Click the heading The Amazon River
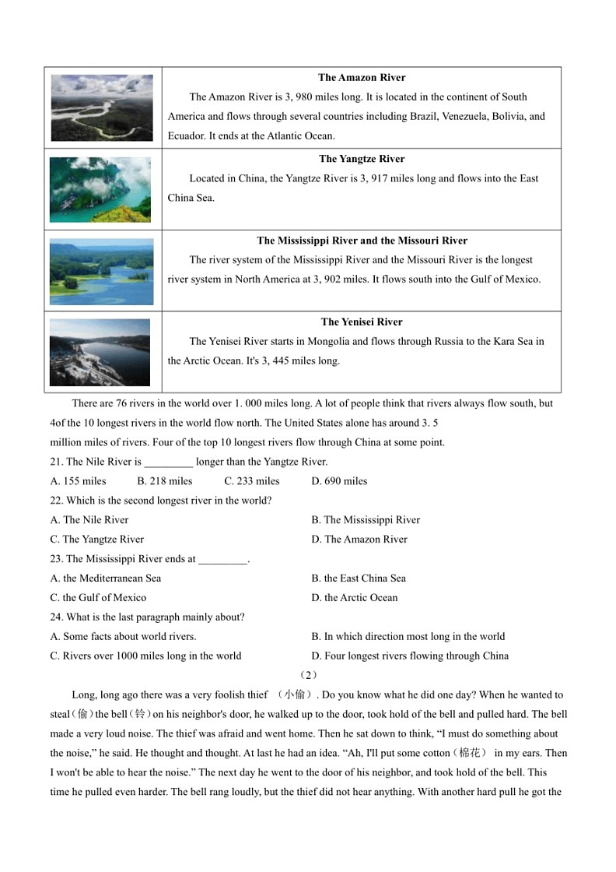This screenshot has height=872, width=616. tap(362, 78)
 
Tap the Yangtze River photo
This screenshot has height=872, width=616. tap(100, 189)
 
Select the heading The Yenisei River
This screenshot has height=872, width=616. tap(362, 322)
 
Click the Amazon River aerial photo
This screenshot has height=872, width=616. tap(102, 107)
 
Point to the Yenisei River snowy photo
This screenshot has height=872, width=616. tap(100, 352)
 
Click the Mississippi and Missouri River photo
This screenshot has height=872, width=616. tap(102, 272)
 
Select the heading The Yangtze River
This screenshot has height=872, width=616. tap(362, 160)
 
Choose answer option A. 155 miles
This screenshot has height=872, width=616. tap(78, 481)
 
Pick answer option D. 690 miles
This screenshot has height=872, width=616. tap(339, 481)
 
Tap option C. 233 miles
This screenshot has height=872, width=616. tap(252, 481)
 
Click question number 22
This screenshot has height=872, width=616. tap(57, 501)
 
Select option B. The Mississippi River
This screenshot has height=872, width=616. tap(366, 520)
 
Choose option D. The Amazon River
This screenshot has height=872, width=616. tap(359, 540)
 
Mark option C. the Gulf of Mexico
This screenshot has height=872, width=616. tap(98, 598)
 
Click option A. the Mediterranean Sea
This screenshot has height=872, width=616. tap(106, 578)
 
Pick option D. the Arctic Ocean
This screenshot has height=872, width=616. tap(355, 598)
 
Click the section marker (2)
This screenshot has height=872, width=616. tap(308, 676)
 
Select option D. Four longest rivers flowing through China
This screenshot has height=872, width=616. tap(410, 656)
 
